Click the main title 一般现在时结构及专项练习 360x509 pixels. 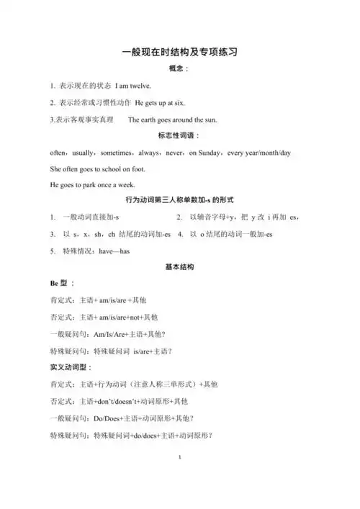click(x=179, y=52)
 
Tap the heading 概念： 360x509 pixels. click(x=179, y=69)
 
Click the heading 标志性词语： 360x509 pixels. click(x=179, y=136)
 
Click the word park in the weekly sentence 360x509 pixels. click(x=88, y=185)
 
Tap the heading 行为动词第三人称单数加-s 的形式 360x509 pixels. click(x=179, y=199)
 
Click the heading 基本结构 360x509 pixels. click(x=179, y=267)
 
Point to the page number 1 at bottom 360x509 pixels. click(x=179, y=458)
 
